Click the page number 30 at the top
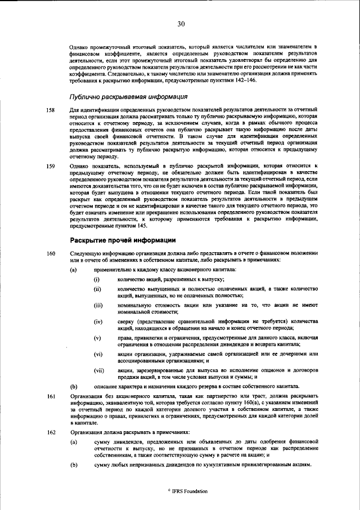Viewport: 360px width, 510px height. (181, 24)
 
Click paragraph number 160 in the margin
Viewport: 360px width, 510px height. (51, 254)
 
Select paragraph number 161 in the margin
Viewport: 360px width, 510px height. (51, 396)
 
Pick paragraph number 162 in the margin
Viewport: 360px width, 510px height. (51, 432)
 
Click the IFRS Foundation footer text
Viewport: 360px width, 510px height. (188, 491)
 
